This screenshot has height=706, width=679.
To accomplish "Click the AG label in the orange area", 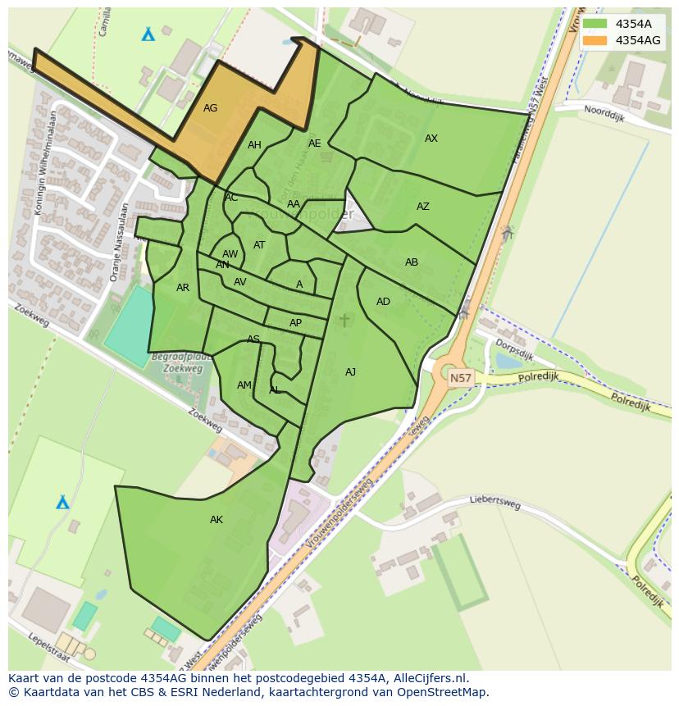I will pos(210,108).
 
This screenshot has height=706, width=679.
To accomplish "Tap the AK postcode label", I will pos(216,520).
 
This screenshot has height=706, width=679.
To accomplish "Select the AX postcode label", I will pos(431,139).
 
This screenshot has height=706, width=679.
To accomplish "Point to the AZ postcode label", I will pos(423,207).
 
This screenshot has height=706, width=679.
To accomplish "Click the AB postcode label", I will pos(412,262).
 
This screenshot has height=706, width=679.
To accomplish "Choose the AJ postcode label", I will pos(350,372).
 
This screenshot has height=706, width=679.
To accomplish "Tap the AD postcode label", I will pos(383,302).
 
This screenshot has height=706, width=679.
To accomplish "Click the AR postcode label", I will pos(183,288).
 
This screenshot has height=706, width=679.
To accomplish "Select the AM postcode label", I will pos(244,385).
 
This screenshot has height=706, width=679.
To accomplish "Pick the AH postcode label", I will pos(254,145).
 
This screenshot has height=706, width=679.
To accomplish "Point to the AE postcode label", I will pos(315,143).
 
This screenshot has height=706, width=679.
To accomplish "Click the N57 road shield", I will pos(461,378).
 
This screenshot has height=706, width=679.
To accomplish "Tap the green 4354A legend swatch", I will pos(595,24).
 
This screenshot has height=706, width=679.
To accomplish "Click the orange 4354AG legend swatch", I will pos(595,40).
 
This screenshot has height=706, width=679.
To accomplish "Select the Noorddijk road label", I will pos(604,113).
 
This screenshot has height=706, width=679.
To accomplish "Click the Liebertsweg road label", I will pos(495,501).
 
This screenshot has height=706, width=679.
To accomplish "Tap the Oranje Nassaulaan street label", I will pos(121,242).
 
